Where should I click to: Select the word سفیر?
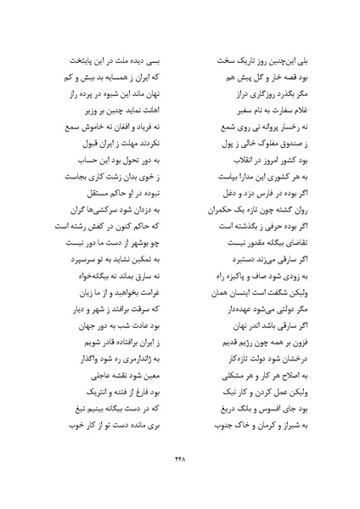[216, 110]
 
